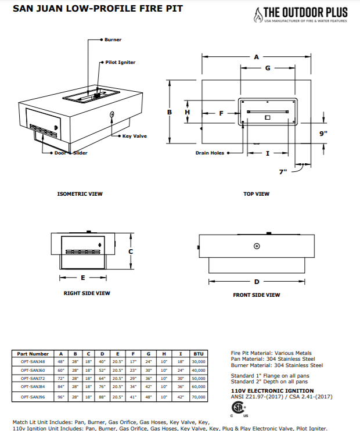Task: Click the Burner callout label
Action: [113, 40]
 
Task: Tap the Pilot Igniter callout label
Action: [120, 62]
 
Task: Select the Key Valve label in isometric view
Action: [134, 136]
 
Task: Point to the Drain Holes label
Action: [210, 153]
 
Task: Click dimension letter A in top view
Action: [256, 57]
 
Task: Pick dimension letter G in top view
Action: [268, 68]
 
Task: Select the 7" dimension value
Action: [283, 172]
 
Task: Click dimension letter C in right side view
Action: [131, 252]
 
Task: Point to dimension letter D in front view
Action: [257, 282]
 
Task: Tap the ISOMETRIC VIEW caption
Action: [80, 194]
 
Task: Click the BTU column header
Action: [198, 353]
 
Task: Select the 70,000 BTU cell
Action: [198, 397]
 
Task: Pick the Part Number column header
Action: [33, 353]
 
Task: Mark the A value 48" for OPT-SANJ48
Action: [61, 361]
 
